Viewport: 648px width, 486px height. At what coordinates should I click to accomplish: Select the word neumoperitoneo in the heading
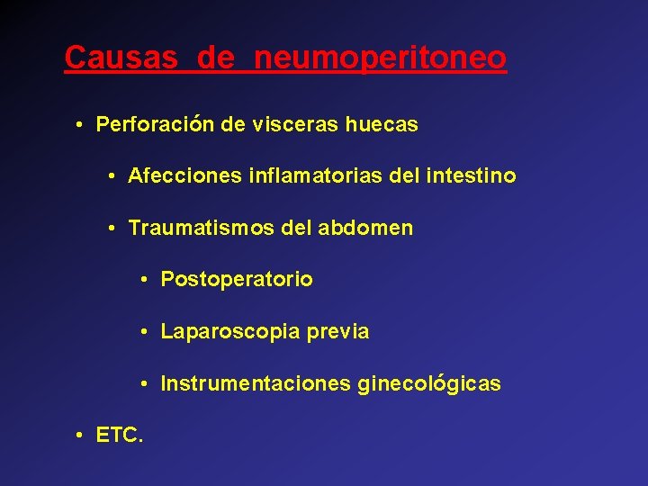tap(381, 58)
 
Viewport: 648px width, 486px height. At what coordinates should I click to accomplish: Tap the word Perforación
tap(155, 125)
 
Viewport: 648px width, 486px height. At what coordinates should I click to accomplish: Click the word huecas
tap(382, 125)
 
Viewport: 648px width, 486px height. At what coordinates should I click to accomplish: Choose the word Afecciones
tap(180, 176)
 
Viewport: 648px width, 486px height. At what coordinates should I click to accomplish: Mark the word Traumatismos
tap(200, 229)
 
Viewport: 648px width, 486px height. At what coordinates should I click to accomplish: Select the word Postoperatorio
tap(237, 280)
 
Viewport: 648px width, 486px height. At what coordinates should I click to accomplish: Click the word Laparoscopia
tap(230, 332)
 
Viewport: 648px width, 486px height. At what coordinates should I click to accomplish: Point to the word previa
tap(337, 332)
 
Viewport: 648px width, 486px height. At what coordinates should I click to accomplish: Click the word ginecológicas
tap(429, 384)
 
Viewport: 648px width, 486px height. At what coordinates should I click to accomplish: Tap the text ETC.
tap(118, 436)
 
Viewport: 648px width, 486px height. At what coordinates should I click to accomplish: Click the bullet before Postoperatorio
tap(145, 280)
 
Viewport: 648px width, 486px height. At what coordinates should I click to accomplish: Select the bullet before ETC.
tap(81, 436)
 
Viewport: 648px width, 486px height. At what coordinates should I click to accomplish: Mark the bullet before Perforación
tap(81, 125)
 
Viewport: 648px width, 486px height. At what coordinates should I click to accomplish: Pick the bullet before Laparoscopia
tap(145, 332)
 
